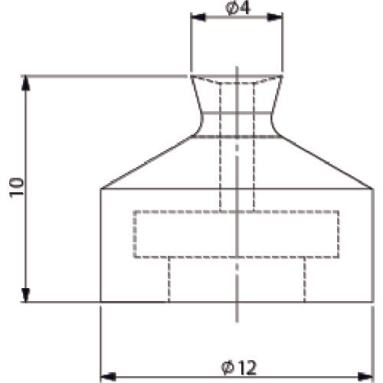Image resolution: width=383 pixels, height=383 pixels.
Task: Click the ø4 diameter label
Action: click(237, 8)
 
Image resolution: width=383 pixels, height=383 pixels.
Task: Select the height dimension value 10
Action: click(17, 188)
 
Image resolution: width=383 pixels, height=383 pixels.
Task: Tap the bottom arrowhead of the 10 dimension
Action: click(27, 297)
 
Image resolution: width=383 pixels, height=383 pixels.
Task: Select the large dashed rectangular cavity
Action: click(237, 234)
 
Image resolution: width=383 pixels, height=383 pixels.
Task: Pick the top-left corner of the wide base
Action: click(101, 188)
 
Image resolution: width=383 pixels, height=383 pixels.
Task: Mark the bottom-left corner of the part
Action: click(101, 303)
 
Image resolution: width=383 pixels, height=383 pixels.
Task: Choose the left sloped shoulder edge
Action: click(149, 162)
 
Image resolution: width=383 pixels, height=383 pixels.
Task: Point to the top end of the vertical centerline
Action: click(237, 67)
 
